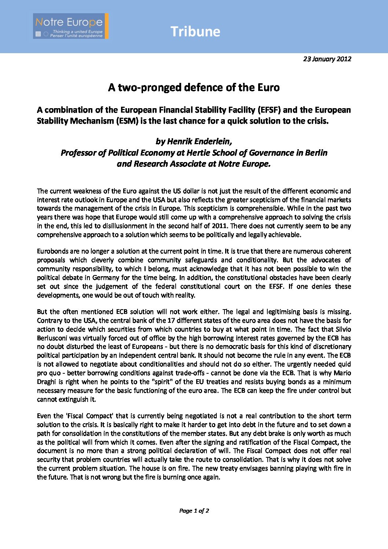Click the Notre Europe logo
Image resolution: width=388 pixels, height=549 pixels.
[71, 26]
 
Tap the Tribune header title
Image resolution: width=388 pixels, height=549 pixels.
[195, 32]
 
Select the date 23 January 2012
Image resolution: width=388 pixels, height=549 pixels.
[327, 59]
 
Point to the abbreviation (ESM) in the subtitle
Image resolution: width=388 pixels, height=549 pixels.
[127, 121]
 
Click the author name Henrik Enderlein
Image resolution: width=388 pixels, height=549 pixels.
[200, 141]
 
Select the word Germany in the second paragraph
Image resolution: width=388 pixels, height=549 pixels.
[105, 278]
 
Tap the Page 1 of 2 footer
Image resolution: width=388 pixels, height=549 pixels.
[194, 510]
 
